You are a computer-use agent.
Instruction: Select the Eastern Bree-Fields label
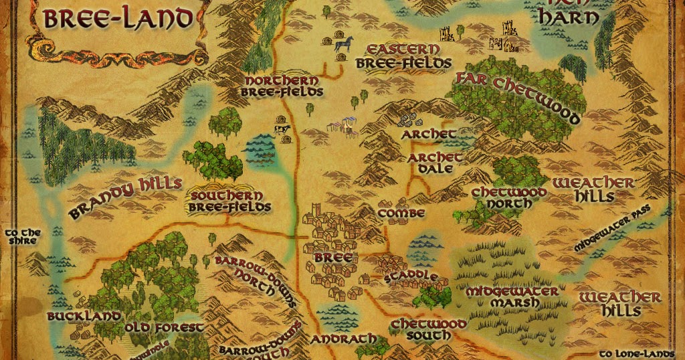pos(403,57)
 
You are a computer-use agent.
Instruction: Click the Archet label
pos(428,134)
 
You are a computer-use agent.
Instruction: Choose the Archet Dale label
pos(435,163)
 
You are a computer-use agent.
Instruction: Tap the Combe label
pos(401,213)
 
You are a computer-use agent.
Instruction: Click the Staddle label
pos(411,276)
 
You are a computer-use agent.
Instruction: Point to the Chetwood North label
pos(509,198)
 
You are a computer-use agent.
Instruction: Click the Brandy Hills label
pos(125,197)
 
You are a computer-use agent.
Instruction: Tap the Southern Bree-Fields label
pos(231,201)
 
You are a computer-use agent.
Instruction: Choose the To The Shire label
pos(23,238)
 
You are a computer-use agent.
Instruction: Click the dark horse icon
pos(343,43)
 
